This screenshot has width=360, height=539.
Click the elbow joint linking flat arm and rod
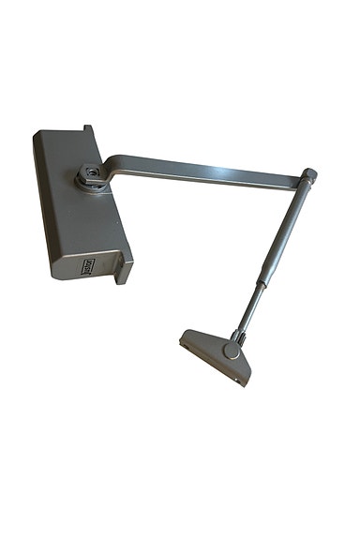[308, 175]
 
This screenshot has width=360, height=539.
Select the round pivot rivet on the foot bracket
[231, 352]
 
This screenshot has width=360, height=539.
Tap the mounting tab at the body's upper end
[86, 129]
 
